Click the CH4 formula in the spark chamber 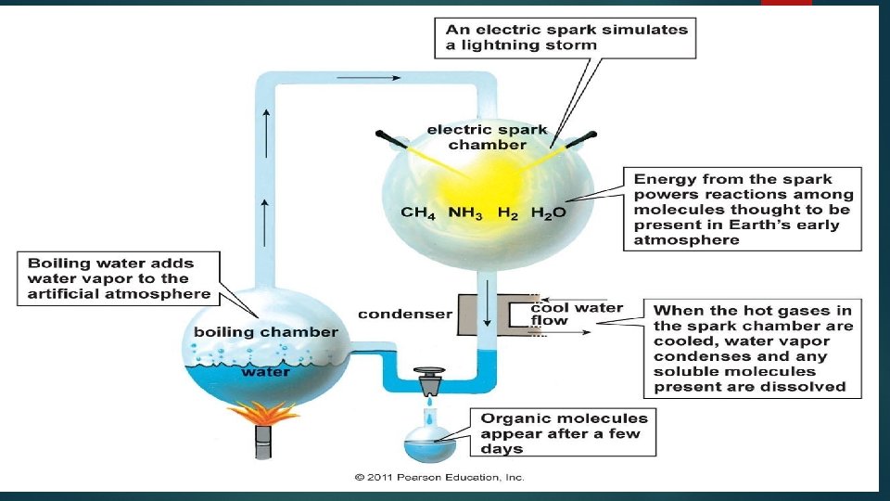pos(418,212)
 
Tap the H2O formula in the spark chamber pos(548,212)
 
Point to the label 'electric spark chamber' pos(487,137)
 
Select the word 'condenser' pos(405,314)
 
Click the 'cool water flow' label pos(576,314)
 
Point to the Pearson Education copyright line pos(439,478)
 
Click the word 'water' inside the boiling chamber pos(266,371)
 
